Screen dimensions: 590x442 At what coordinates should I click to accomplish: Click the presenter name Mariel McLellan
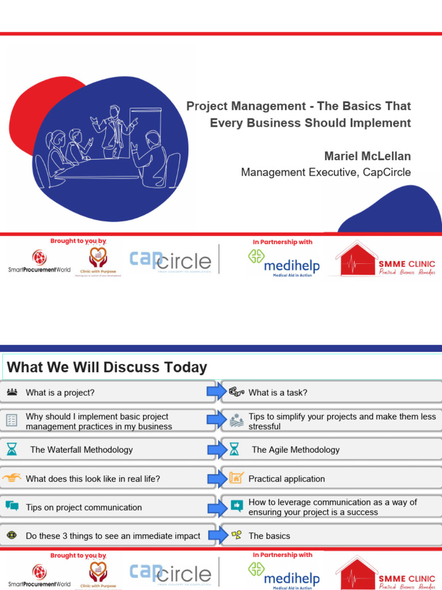click(x=368, y=156)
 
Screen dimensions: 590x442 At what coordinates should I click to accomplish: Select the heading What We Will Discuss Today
click(x=106, y=367)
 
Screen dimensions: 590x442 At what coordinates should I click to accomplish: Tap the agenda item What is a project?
click(x=60, y=392)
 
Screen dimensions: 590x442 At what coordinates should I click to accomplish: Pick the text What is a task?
click(x=277, y=392)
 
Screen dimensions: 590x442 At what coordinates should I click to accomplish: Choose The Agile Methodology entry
click(x=295, y=449)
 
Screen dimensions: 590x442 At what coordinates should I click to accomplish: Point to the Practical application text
click(x=286, y=479)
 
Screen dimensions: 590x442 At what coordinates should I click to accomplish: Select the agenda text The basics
click(x=269, y=536)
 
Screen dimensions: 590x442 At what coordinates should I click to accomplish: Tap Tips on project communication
click(x=83, y=507)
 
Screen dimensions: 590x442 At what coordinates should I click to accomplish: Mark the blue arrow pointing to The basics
click(x=218, y=535)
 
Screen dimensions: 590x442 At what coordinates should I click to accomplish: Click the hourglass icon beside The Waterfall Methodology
click(x=12, y=449)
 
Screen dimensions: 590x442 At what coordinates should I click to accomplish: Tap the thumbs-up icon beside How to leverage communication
click(x=236, y=506)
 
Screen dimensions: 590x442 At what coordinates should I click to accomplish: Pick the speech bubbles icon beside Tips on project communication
click(x=12, y=506)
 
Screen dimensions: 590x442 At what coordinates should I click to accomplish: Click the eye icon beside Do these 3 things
click(x=12, y=535)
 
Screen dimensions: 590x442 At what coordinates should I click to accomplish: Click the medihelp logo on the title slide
click(x=284, y=262)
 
